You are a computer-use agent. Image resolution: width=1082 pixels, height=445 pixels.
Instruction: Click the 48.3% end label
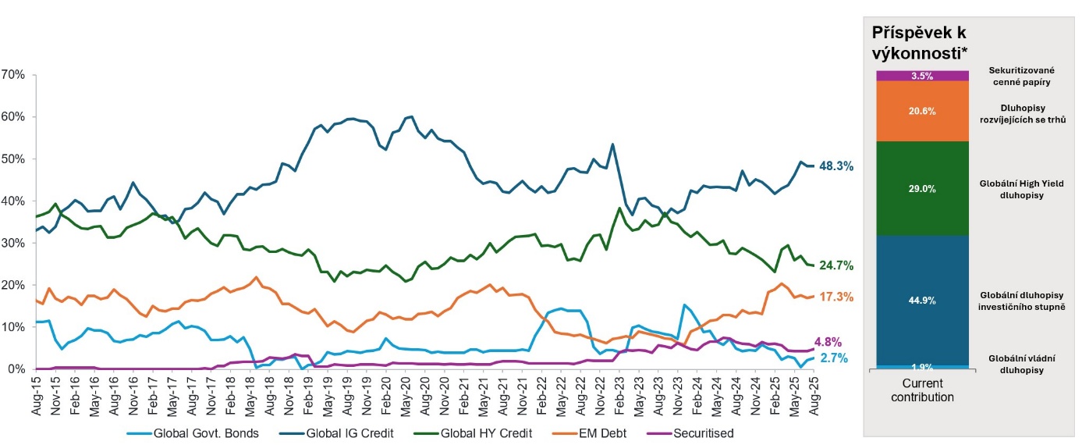click(835, 166)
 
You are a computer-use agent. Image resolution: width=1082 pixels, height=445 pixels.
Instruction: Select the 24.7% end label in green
click(835, 266)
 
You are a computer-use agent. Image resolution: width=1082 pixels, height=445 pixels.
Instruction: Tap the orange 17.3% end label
click(836, 297)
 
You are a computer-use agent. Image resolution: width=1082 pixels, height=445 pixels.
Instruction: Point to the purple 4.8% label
click(829, 341)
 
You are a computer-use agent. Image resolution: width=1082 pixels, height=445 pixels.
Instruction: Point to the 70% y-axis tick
click(15, 75)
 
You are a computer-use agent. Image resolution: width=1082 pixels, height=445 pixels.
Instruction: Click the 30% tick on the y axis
click(15, 244)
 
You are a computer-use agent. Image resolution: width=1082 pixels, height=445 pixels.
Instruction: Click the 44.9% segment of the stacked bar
click(922, 300)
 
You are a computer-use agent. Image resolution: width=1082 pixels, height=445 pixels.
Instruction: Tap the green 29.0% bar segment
click(922, 189)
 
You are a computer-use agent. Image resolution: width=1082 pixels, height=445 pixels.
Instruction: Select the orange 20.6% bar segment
click(922, 112)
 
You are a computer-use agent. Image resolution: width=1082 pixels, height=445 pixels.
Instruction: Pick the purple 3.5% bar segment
click(922, 76)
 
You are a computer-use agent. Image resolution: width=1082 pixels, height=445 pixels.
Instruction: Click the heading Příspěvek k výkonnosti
click(921, 44)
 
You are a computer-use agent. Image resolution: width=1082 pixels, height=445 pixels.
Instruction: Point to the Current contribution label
click(923, 390)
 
